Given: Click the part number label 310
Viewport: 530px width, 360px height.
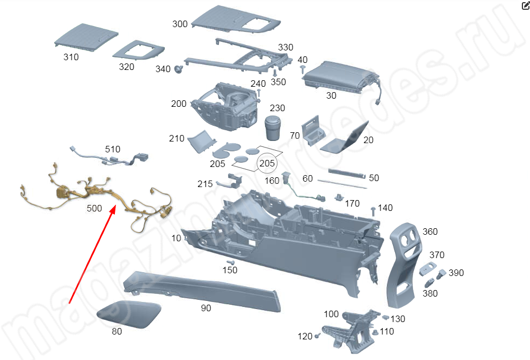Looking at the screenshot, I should tap(71, 56).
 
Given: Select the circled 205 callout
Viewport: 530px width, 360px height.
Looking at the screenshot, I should tap(267, 163).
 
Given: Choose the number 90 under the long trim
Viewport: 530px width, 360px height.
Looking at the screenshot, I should tap(206, 308).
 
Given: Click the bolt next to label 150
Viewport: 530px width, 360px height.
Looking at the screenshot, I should tap(230, 262).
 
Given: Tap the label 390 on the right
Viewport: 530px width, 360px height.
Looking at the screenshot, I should tap(456, 273).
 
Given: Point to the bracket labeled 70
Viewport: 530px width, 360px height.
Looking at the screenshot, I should tap(313, 131).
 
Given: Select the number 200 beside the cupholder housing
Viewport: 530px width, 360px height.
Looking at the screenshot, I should tap(179, 104).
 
